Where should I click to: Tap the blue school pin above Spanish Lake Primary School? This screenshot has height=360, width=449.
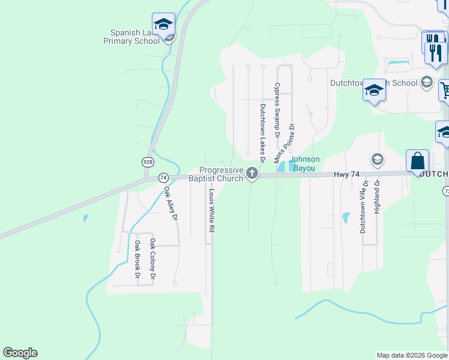click(x=163, y=25)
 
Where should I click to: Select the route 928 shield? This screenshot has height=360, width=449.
click(x=147, y=162)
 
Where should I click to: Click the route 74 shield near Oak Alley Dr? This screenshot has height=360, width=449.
click(x=163, y=178)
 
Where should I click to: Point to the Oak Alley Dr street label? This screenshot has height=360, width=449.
click(x=170, y=204)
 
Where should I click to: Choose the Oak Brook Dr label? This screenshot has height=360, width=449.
click(x=137, y=260)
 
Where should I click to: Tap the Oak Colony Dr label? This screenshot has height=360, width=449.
click(x=152, y=259)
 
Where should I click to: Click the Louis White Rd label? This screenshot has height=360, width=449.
click(x=211, y=211)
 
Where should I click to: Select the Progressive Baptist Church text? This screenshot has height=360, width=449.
click(x=221, y=174)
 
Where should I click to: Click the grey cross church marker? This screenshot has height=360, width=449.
click(x=252, y=175)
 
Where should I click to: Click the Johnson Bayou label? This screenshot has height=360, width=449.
click(x=305, y=163)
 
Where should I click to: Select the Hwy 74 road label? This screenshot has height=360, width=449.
click(x=347, y=174)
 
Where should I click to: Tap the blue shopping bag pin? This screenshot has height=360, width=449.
click(x=417, y=161)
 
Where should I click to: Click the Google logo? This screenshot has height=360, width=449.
click(x=20, y=353)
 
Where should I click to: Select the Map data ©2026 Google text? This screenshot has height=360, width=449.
click(x=411, y=355)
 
